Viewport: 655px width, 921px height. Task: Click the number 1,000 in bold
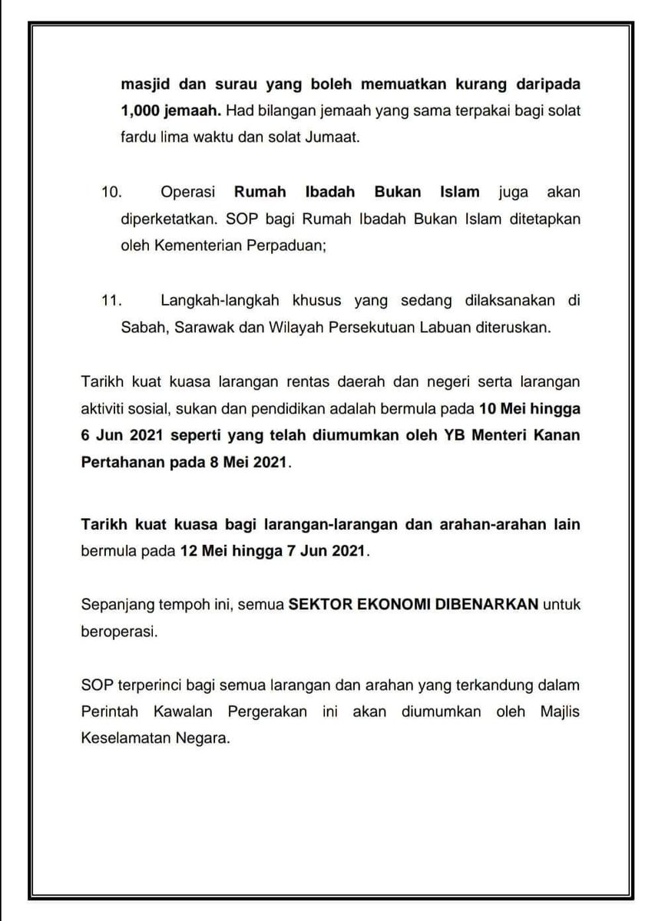[x=139, y=111]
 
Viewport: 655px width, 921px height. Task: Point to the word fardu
[x=139, y=139]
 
